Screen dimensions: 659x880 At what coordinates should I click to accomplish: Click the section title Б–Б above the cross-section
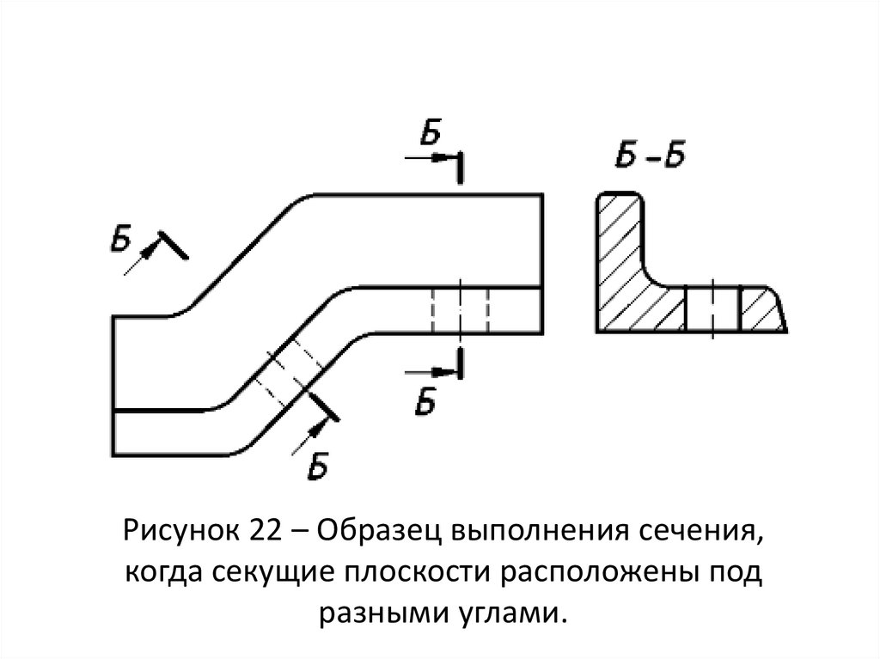pos(650,157)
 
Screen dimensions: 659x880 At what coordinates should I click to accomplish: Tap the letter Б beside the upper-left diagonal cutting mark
pos(121,235)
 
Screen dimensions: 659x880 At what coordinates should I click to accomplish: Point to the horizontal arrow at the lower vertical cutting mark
pos(430,371)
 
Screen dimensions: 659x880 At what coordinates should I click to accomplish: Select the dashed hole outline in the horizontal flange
pos(460,309)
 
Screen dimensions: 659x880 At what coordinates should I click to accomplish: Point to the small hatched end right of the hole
pos(761,310)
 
